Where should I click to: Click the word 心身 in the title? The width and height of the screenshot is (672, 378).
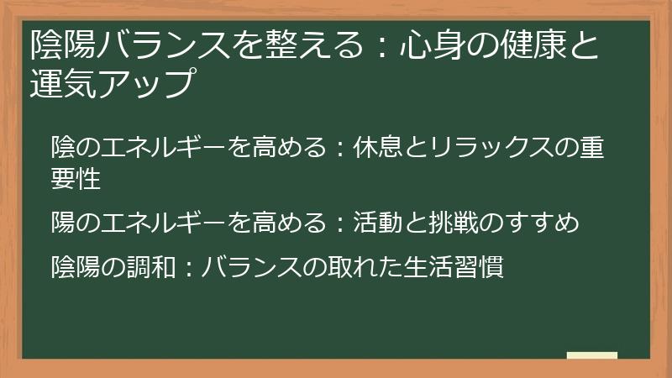[x=432, y=45]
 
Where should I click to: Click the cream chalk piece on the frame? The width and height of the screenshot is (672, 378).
[x=591, y=356]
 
